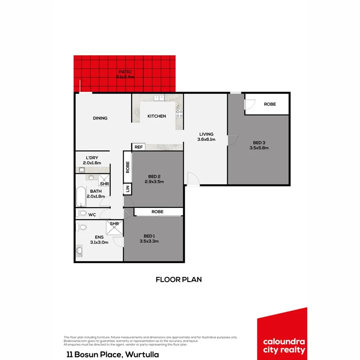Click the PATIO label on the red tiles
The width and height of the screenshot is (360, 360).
[124, 72]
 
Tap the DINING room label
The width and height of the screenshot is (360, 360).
[100, 118]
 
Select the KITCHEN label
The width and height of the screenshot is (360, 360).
[157, 116]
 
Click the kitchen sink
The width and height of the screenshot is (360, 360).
[159, 97]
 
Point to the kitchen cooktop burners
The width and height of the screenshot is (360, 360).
[179, 114]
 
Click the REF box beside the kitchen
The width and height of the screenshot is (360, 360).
[138, 147]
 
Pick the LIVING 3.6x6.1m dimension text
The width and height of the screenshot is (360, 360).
[206, 140]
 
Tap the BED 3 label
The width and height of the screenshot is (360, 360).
[259, 143]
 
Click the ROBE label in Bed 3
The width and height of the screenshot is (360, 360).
[270, 104]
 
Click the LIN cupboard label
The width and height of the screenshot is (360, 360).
[128, 189]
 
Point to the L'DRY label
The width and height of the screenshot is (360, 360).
[92, 158]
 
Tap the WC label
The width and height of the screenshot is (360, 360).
[92, 215]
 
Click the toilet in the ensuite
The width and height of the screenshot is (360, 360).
[82, 228]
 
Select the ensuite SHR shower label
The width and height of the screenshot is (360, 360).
[114, 224]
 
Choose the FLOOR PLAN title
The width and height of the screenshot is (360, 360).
[178, 280]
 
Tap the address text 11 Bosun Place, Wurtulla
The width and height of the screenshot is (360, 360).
[112, 354]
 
